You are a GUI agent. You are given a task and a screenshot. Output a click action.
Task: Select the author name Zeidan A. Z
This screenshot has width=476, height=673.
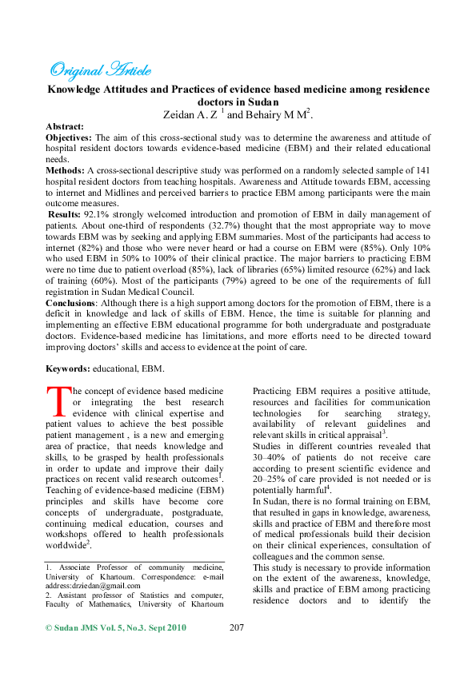(189, 115)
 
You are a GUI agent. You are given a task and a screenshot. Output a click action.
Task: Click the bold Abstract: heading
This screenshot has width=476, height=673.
(65, 127)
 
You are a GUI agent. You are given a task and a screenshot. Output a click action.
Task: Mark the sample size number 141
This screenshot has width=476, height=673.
(421, 171)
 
